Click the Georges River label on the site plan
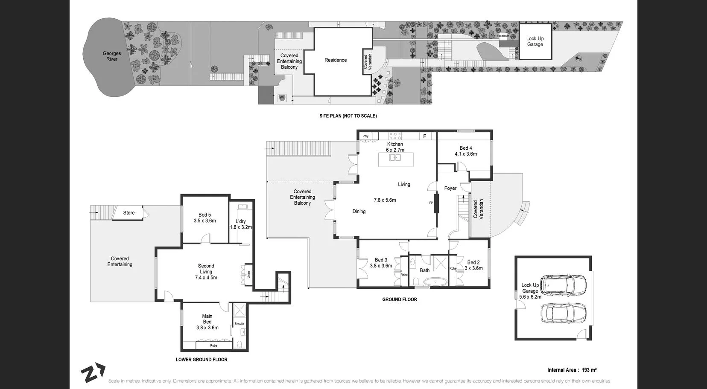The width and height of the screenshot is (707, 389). click(112, 56)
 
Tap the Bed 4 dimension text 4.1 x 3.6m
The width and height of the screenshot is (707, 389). click(466, 154)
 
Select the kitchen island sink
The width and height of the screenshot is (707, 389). click(395, 158)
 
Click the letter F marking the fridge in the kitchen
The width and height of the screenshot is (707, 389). click(424, 136)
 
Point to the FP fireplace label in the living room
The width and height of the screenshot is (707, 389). click(431, 203)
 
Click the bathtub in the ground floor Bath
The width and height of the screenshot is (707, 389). click(435, 282)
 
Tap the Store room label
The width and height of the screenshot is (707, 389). click(129, 213)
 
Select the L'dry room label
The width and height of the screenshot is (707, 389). click(241, 221)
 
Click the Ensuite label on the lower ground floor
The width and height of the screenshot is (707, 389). click(240, 324)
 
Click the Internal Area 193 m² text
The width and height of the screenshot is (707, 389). click(572, 370)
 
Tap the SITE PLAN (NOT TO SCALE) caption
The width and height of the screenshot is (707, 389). click(348, 116)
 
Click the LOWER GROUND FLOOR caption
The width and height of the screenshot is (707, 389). click(202, 360)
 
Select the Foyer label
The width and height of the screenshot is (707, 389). click(450, 188)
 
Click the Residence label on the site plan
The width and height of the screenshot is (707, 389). click(336, 60)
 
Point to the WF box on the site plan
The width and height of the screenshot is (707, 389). click(282, 98)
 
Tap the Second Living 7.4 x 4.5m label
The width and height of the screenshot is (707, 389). click(206, 272)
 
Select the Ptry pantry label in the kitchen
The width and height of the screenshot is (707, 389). click(365, 136)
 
